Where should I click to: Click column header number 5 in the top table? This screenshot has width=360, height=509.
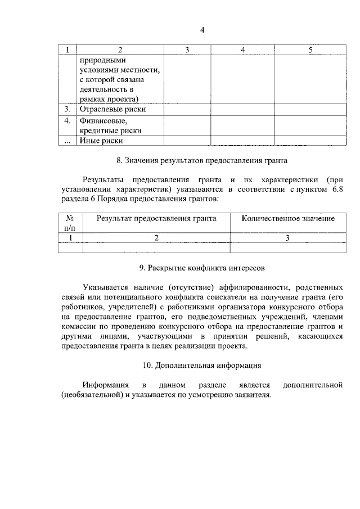[310, 50]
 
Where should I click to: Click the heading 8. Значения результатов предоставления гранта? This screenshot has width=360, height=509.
[202, 160]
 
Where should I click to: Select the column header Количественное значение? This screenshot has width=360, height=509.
[288, 218]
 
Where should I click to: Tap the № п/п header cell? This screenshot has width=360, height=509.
[70, 223]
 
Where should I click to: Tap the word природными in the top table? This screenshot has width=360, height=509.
[103, 60]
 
